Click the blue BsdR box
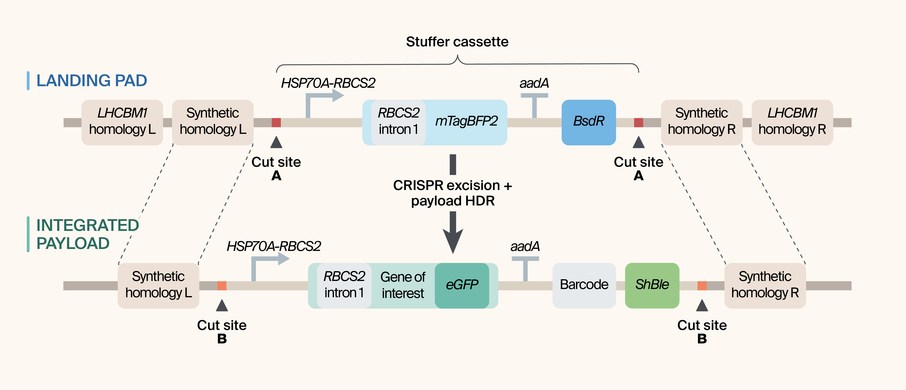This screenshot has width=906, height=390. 588,122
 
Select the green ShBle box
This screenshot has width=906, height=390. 652,285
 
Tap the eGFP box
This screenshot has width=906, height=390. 462,285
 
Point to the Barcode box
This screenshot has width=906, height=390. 584,285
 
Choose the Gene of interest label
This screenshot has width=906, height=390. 403,285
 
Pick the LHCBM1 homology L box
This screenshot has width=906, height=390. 122,122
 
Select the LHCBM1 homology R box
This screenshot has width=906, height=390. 792,122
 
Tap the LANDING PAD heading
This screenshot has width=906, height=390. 92,81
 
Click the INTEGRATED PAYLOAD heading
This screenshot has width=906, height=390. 87,234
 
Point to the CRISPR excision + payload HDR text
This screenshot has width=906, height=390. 453,193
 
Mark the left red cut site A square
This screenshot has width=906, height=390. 276,123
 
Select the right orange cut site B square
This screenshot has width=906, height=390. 702,286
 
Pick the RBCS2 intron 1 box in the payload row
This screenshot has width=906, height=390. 344,285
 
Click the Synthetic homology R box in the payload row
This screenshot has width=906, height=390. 765,285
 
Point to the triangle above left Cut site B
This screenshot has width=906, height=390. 222,306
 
